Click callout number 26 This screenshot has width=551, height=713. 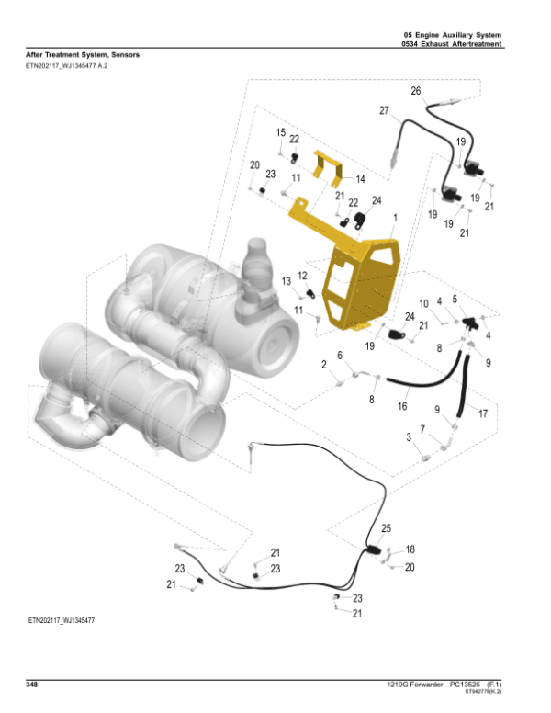tap(415, 91)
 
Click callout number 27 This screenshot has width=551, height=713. tap(384, 110)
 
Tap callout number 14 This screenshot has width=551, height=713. tap(361, 178)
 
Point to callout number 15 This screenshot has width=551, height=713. tap(281, 133)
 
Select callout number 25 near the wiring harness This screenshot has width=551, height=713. tap(386, 528)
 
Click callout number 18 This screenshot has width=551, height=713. tap(410, 549)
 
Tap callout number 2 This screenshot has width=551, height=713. tap(324, 366)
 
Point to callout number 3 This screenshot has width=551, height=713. tap(410, 439)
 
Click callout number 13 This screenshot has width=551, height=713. tap(287, 280)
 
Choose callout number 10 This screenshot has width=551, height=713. tap(423, 303)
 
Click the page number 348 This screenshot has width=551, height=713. tap(32, 685)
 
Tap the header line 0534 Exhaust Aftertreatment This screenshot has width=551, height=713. tap(457, 44)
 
